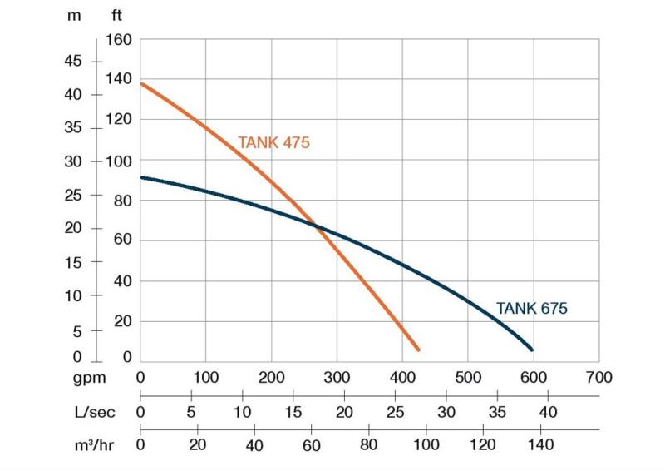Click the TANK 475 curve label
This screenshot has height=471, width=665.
273,142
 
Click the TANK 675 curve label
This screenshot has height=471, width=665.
531,308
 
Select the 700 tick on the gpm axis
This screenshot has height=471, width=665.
598,377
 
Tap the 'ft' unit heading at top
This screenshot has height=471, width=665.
116,15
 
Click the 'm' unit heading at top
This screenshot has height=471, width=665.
73,15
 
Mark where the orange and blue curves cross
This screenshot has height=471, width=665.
316,226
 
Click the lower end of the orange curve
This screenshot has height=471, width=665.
417,350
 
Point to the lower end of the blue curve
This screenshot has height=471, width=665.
531,350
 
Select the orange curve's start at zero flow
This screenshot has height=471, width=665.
140,83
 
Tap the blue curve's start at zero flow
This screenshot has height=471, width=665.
140,177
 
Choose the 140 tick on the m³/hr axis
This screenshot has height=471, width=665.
540,444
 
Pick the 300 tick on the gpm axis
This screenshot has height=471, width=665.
337,377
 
